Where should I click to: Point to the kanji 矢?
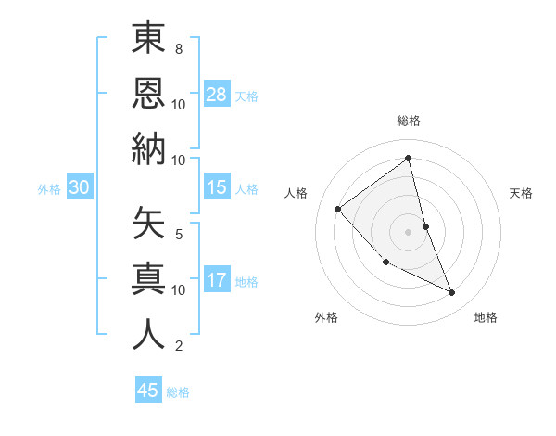(148, 223)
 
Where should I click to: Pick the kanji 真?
(148, 278)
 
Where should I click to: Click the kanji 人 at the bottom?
(148, 333)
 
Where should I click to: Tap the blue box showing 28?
(217, 95)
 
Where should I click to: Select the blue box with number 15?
(217, 187)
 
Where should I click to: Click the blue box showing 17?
(217, 280)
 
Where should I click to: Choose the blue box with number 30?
(80, 187)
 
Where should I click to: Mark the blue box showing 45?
(148, 391)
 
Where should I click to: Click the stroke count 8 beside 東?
(179, 48)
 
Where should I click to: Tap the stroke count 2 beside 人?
(179, 346)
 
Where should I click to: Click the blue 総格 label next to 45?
(178, 392)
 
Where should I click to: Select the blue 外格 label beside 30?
(49, 189)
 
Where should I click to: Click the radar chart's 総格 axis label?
(408, 121)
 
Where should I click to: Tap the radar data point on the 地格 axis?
(452, 293)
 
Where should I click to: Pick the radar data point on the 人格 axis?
(338, 209)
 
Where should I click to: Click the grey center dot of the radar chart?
(408, 231)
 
